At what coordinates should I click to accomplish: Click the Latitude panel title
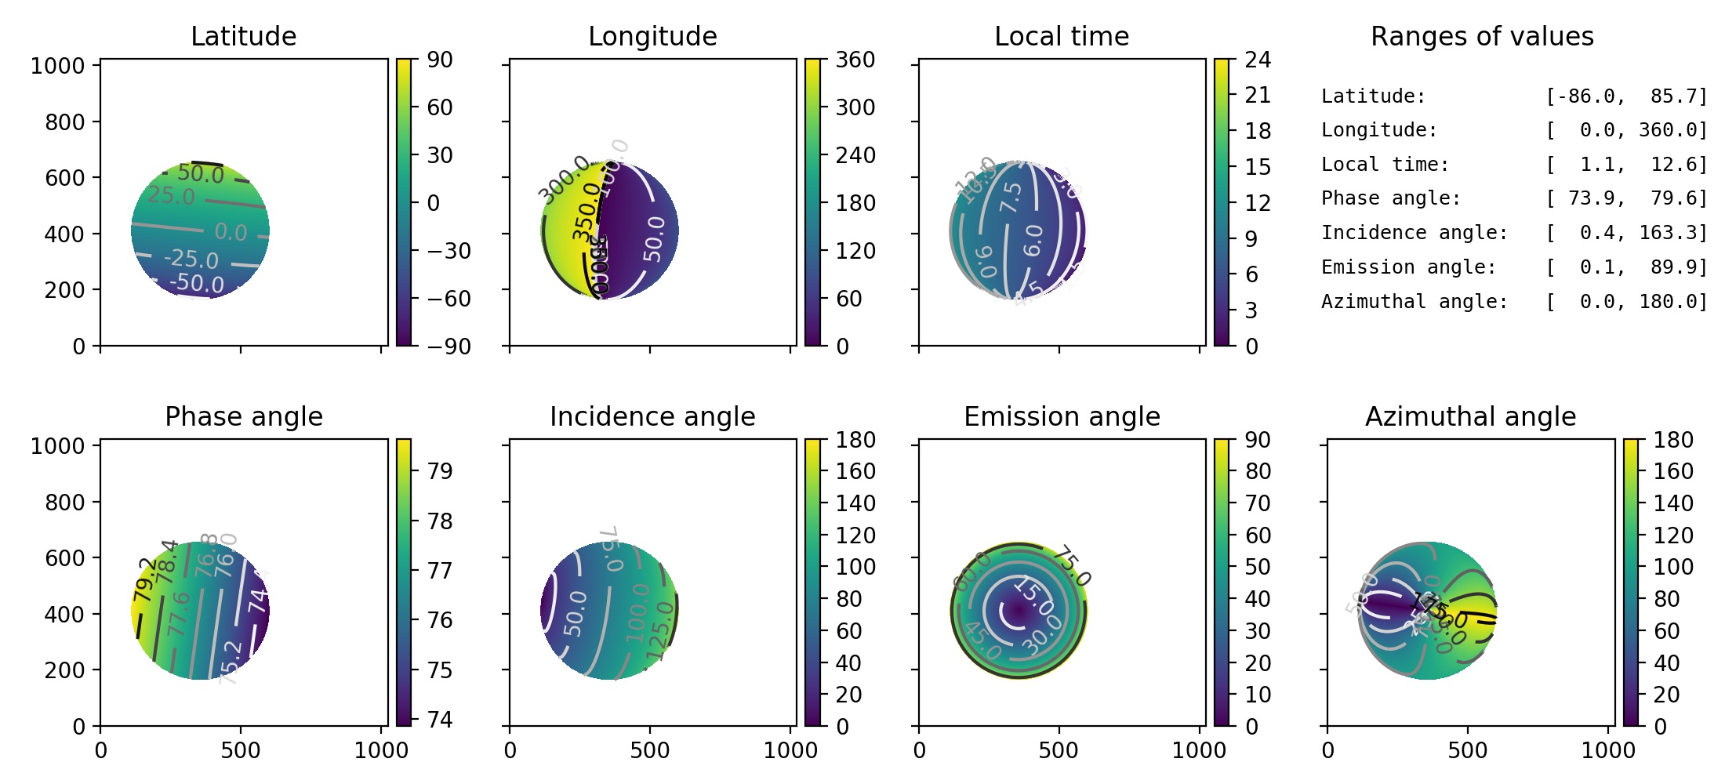tap(243, 36)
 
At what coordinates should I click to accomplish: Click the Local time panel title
tap(1062, 36)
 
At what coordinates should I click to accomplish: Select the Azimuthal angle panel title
tap(1470, 416)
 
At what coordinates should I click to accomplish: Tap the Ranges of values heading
tap(1482, 36)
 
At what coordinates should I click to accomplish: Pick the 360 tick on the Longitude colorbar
tap(855, 60)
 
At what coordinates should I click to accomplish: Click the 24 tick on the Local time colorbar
tap(1258, 60)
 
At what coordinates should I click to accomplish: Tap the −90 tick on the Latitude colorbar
tap(448, 346)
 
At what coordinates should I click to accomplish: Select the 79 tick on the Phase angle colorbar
tap(440, 471)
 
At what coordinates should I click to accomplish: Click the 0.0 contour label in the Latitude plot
tap(231, 232)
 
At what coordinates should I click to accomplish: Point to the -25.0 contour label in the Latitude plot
tap(191, 259)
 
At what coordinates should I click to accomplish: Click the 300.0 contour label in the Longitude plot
tap(564, 177)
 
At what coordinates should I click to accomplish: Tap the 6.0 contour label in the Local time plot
tap(1033, 240)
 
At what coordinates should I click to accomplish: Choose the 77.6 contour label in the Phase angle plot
tap(179, 614)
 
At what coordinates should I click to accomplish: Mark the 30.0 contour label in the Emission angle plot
tap(1042, 634)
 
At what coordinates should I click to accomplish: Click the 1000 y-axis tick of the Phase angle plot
tap(57, 446)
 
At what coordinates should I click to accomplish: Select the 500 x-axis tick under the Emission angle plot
tap(1059, 750)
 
